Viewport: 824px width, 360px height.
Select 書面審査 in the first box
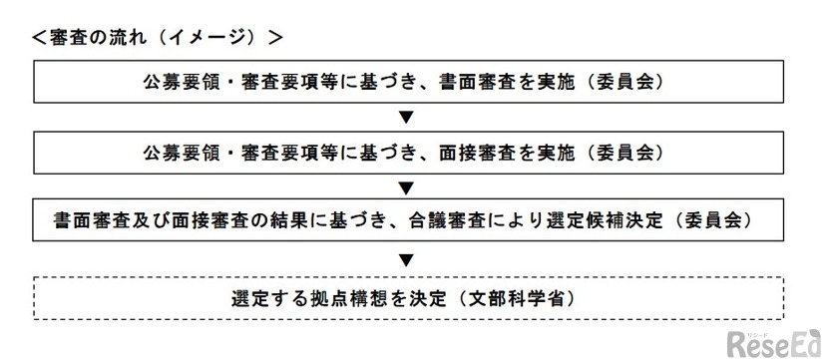[472, 83]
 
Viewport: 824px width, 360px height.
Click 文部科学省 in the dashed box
[523, 298]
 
